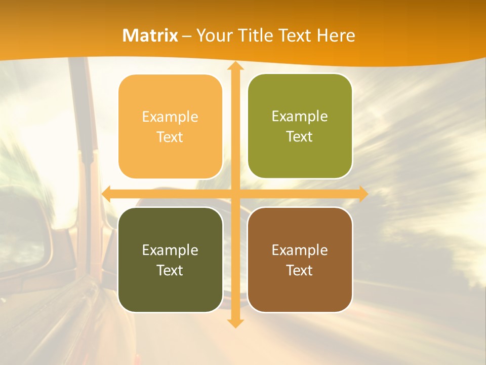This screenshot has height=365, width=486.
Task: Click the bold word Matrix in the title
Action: click(150, 35)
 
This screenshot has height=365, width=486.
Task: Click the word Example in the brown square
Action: click(300, 250)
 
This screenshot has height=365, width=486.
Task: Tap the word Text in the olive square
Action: click(300, 137)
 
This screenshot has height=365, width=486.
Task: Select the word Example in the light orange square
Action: click(170, 117)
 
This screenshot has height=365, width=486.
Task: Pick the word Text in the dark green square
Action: click(170, 270)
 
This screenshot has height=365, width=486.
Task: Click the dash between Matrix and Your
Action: click(187, 36)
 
